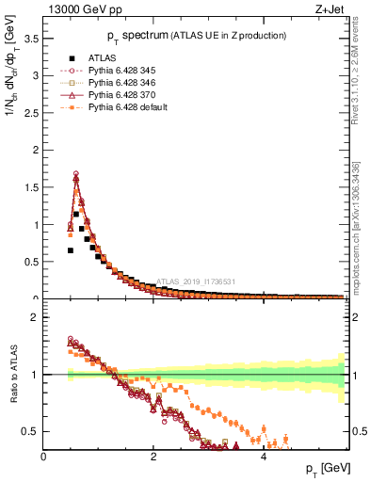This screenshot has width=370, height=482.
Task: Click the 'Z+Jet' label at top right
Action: [x=330, y=10]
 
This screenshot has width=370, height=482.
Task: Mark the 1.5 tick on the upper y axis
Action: [x=30, y=187]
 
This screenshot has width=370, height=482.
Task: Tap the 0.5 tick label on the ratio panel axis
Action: [x=30, y=431]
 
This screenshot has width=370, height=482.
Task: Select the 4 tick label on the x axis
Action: [x=263, y=457]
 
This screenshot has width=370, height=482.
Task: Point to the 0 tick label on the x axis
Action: [x=43, y=457]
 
